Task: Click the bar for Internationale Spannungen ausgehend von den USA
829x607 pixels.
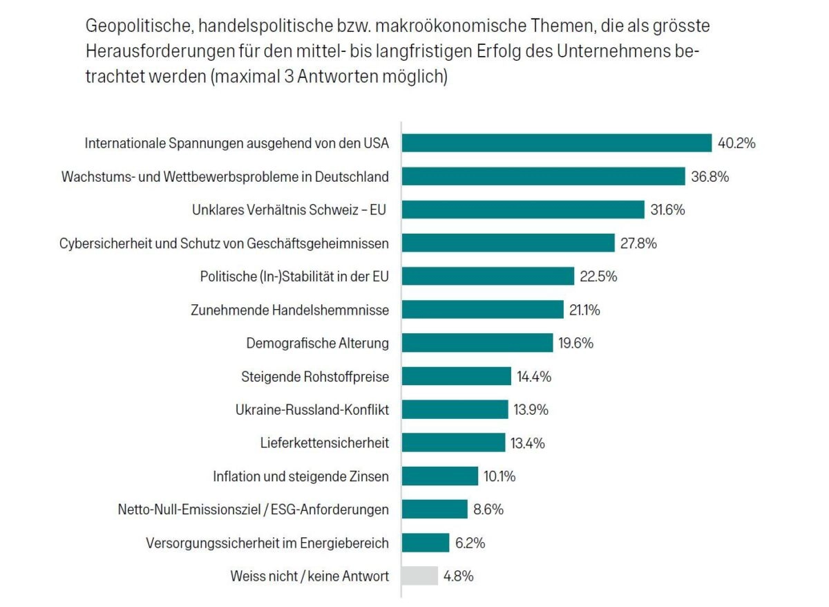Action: (557, 143)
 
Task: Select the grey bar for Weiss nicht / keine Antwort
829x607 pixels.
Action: (420, 576)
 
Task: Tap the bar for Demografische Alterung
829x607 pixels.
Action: (477, 343)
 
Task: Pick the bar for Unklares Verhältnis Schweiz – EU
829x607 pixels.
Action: (523, 209)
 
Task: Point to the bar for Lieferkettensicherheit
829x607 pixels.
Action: (453, 443)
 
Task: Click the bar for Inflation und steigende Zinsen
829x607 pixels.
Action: (440, 476)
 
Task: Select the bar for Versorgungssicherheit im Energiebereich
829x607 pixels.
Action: (426, 543)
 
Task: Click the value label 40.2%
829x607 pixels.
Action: (737, 144)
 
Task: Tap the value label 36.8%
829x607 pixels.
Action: (710, 177)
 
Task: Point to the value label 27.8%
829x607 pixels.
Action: (640, 243)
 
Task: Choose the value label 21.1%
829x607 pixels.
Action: (584, 310)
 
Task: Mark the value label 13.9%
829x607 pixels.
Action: (531, 410)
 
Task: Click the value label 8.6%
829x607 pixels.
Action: (488, 510)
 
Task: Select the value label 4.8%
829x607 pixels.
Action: (459, 577)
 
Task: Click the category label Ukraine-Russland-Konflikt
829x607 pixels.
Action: (312, 410)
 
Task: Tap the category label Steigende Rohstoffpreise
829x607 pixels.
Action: (315, 377)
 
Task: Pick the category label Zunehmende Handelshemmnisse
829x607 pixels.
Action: (289, 310)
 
